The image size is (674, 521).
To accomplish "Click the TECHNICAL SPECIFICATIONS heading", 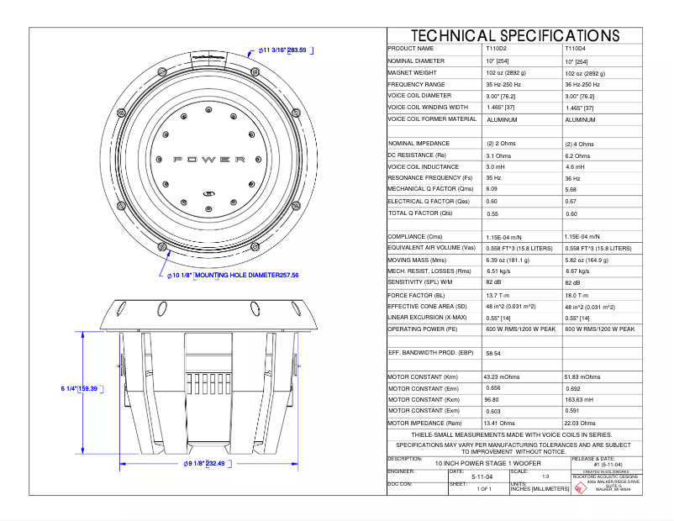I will [514, 35].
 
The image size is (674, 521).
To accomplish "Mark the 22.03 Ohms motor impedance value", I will [581, 423].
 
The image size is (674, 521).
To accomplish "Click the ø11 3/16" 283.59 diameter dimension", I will [282, 50].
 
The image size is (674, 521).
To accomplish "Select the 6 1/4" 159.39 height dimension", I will [80, 389].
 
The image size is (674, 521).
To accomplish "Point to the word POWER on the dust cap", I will [209, 159].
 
